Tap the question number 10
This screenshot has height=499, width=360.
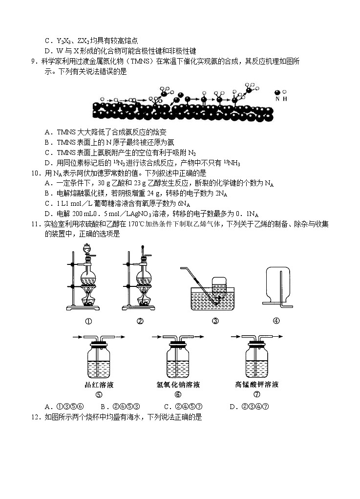pyautogui.click(x=34, y=173)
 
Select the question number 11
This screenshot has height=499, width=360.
pyautogui.click(x=34, y=224)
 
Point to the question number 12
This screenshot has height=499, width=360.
pyautogui.click(x=34, y=417)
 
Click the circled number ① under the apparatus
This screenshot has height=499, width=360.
pyautogui.click(x=89, y=321)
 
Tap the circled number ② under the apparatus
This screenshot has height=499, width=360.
pyautogui.click(x=140, y=321)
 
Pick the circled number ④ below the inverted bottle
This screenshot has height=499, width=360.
pyautogui.click(x=276, y=321)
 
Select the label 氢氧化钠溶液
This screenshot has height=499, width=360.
pyautogui.click(x=178, y=385)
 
